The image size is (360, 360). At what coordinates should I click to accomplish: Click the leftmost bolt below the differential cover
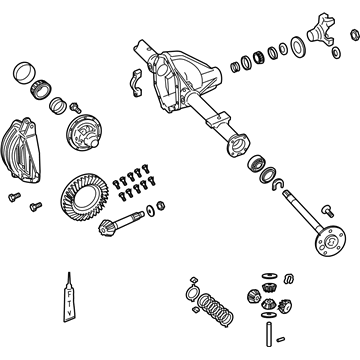pyautogui.click(x=14, y=195)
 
